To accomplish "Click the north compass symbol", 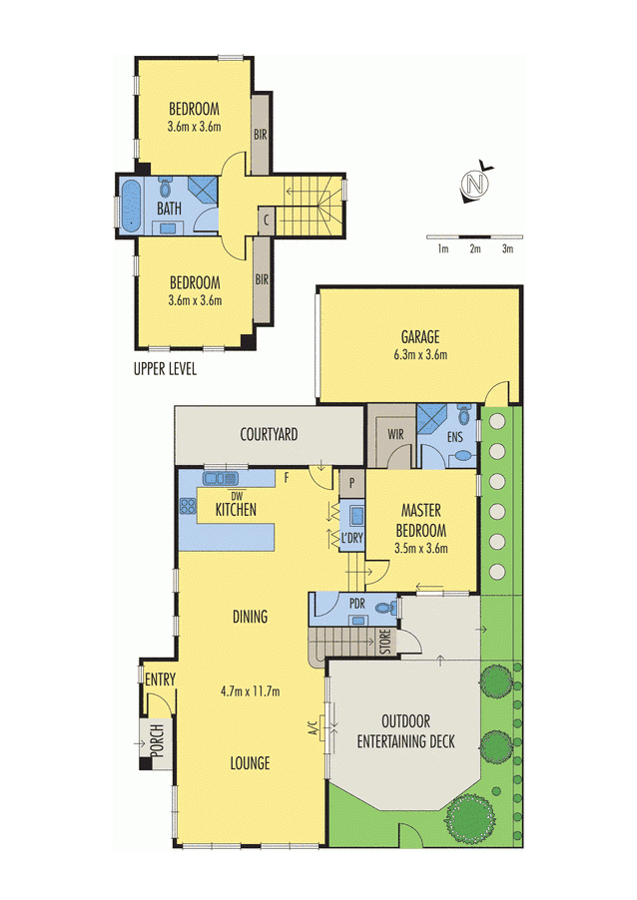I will pos(477,185).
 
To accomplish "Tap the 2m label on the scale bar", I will pos(475,249).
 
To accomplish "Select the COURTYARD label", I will pos(269,435).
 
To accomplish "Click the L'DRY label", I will pos(351,539).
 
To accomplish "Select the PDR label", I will pos(357,603).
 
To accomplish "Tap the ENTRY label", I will pos(159,679).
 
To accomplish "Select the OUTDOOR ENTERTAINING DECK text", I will pos(405,730).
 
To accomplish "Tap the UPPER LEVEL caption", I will pos(165,369).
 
